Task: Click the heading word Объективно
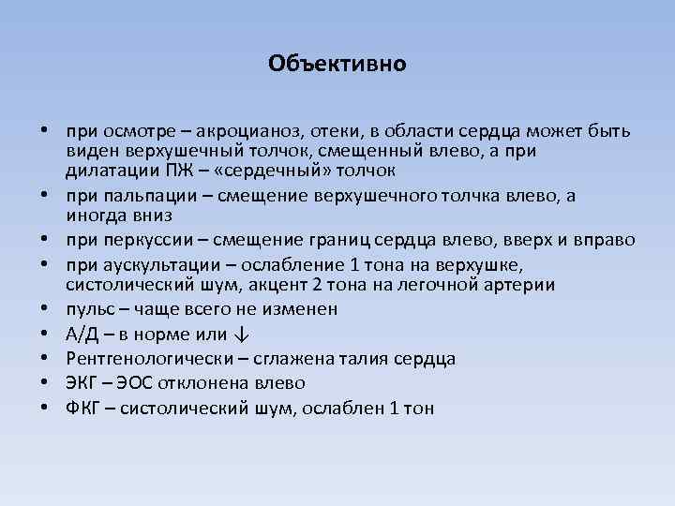tap(337, 64)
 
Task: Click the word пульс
tap(89, 309)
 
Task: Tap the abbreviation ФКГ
tap(83, 408)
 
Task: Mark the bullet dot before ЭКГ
tap(44, 383)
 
